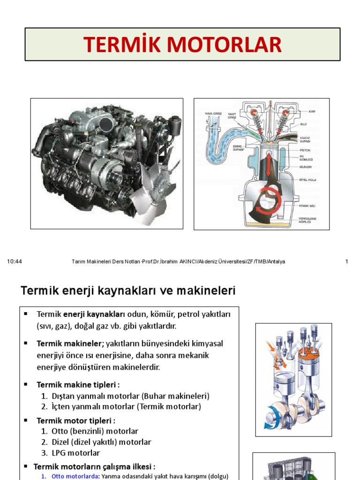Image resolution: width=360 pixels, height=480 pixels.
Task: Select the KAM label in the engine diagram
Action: (x=312, y=112)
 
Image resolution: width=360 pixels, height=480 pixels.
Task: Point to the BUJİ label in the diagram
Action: (x=303, y=125)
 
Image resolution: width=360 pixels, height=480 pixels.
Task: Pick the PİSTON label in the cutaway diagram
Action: (x=305, y=150)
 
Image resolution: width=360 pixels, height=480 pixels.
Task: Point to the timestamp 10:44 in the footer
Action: (x=15, y=262)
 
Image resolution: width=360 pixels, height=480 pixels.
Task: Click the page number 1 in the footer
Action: (x=346, y=262)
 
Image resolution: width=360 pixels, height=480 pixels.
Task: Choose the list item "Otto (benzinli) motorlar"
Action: (x=95, y=431)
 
